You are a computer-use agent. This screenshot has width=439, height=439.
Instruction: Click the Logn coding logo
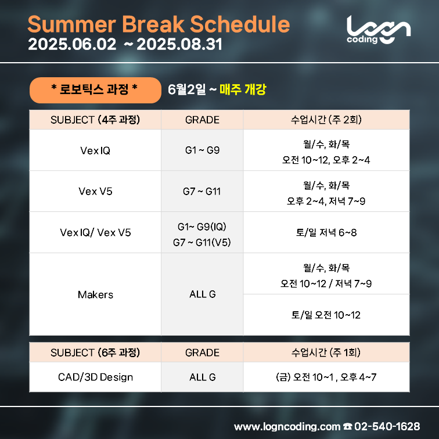tap(379, 30)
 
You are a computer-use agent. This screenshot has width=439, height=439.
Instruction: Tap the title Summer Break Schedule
tap(159, 24)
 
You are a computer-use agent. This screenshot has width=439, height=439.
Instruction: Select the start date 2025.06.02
tap(72, 45)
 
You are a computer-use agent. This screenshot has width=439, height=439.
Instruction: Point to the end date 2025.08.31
tap(179, 45)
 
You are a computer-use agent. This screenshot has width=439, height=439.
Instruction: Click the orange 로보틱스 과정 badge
tap(95, 90)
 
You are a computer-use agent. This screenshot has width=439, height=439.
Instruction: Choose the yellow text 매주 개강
tap(243, 89)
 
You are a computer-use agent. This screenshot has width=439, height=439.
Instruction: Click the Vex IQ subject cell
tap(95, 150)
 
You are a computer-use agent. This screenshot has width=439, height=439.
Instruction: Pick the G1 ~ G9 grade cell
tap(202, 150)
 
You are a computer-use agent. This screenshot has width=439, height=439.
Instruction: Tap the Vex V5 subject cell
tap(95, 192)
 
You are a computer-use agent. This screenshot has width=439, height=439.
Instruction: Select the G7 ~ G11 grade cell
tap(202, 192)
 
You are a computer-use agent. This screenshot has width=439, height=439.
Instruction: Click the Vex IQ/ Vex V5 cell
tap(95, 233)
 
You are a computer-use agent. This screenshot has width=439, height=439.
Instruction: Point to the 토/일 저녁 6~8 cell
tap(326, 233)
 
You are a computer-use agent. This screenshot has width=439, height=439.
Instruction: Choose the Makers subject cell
tap(95, 294)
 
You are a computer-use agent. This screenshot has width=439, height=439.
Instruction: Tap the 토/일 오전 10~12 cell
tap(326, 315)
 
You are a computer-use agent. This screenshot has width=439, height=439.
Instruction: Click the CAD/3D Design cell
tap(95, 377)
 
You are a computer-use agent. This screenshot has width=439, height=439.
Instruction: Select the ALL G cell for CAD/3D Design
tap(202, 377)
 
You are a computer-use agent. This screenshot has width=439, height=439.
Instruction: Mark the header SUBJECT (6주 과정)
tap(95, 352)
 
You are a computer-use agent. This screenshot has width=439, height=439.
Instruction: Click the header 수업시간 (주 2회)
tap(326, 120)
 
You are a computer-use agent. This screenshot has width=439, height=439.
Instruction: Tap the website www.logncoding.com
tap(287, 427)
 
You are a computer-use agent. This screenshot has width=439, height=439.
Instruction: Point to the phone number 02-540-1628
tap(387, 426)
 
